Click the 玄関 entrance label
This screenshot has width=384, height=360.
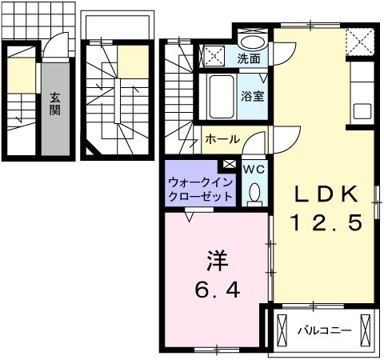(x=55, y=103)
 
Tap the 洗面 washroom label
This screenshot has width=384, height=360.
(x=248, y=58)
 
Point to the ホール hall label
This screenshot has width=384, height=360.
(x=222, y=139)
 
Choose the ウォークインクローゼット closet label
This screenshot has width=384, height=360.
(x=200, y=190)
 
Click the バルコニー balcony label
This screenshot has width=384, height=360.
(x=320, y=330)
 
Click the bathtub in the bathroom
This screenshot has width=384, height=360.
(x=221, y=96)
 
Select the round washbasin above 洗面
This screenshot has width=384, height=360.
(x=254, y=42)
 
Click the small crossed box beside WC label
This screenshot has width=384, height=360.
(x=230, y=164)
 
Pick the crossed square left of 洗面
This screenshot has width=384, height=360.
(x=214, y=56)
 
